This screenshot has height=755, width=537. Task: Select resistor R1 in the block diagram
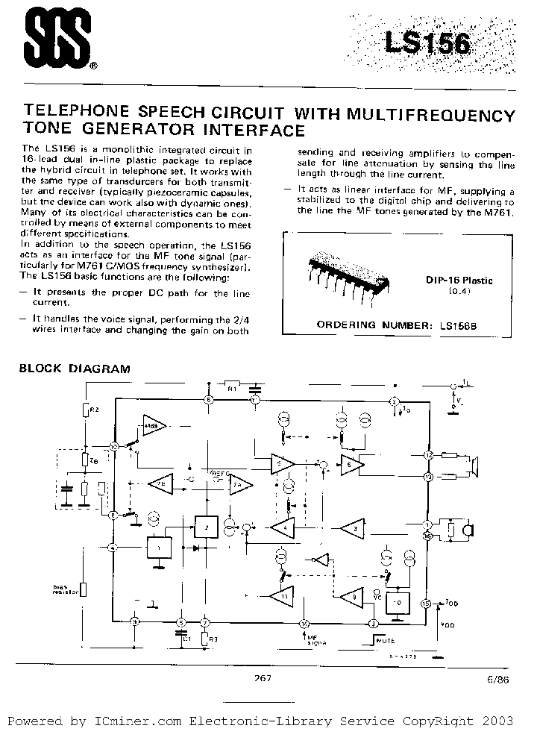(x=231, y=389)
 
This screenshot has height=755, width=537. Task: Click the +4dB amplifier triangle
(x=156, y=427)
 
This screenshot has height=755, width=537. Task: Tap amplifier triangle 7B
(x=160, y=483)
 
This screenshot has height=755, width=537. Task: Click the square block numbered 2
(x=205, y=527)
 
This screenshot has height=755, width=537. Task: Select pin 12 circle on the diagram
(x=428, y=454)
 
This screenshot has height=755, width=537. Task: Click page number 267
(x=262, y=678)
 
